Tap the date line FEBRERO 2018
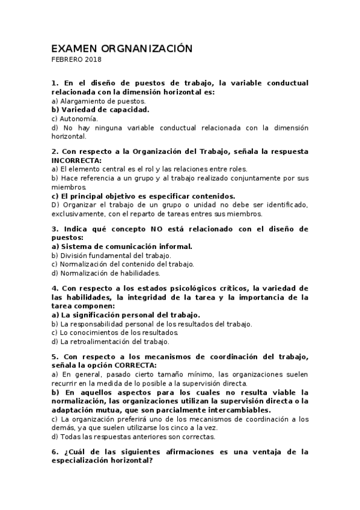(76, 60)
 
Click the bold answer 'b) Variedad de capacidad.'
(100, 109)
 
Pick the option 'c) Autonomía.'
(75, 118)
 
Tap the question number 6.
(55, 451)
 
